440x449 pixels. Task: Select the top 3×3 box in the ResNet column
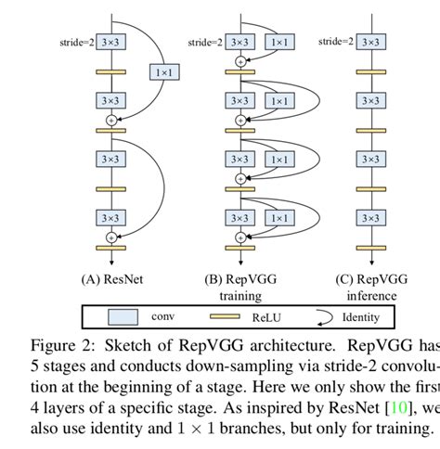coord(111,42)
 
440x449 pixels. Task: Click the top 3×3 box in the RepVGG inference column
coord(370,42)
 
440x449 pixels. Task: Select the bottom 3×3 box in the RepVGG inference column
coord(370,219)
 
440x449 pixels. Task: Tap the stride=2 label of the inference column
coord(337,42)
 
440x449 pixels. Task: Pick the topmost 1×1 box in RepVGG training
coord(278,42)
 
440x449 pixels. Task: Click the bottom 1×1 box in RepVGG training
coord(278,219)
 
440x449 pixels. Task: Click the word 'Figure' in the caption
coord(52,344)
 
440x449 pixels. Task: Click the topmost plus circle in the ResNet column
coord(111,121)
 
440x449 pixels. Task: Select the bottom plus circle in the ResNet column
coord(111,238)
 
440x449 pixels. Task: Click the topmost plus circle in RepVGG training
coord(240,61)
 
